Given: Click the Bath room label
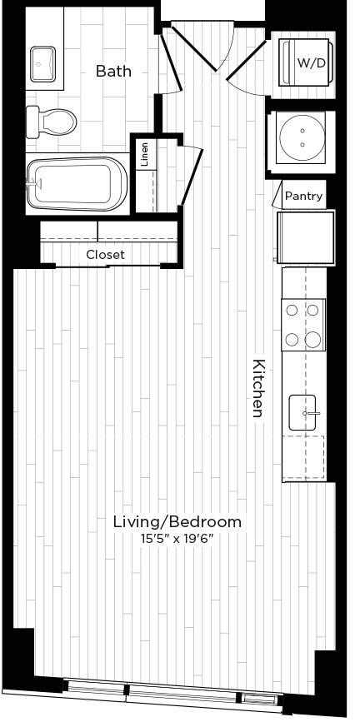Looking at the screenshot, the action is [113, 72].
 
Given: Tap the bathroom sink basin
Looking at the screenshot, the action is [42, 63].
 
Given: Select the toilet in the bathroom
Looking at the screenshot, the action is [51, 122].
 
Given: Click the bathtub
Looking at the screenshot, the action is [77, 184].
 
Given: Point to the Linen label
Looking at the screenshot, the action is [145, 155].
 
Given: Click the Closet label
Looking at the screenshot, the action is [106, 255].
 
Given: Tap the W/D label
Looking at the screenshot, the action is [310, 63].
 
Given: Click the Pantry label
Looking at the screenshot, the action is [304, 196].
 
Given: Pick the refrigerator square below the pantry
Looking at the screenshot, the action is [306, 237].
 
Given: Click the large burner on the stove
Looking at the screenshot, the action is [313, 340].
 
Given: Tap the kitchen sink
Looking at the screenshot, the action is [302, 412].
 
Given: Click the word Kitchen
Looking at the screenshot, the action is [258, 388].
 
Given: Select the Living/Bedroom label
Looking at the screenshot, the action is [177, 522].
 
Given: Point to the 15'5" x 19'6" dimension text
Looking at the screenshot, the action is [177, 538].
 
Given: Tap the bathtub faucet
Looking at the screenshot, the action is [35, 184].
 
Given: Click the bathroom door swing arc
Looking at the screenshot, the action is [172, 92].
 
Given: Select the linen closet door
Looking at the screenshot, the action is [192, 176].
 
